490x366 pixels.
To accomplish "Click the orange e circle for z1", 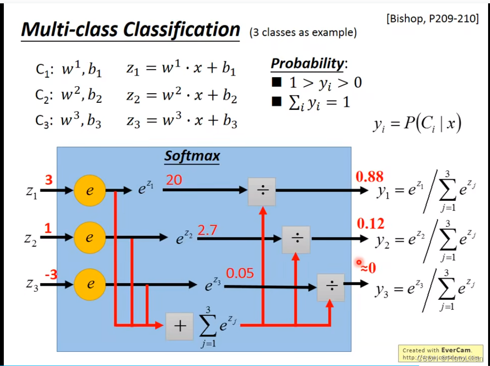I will [x=89, y=190].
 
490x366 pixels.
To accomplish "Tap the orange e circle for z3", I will [x=89, y=285].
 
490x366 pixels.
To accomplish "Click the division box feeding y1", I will [x=262, y=191].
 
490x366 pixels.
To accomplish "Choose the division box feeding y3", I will [x=331, y=287].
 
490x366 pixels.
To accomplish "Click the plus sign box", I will [x=179, y=326].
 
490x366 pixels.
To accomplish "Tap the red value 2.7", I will [x=207, y=230].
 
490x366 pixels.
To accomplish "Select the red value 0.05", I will [x=240, y=273].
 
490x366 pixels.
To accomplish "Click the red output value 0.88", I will [x=370, y=177].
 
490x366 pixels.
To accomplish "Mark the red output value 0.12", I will [x=371, y=223].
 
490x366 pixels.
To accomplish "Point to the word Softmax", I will [x=192, y=156].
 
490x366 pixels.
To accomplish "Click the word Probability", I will [x=307, y=63].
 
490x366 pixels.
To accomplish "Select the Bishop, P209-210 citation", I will [x=432, y=20].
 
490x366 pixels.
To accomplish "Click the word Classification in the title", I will [x=182, y=30].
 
